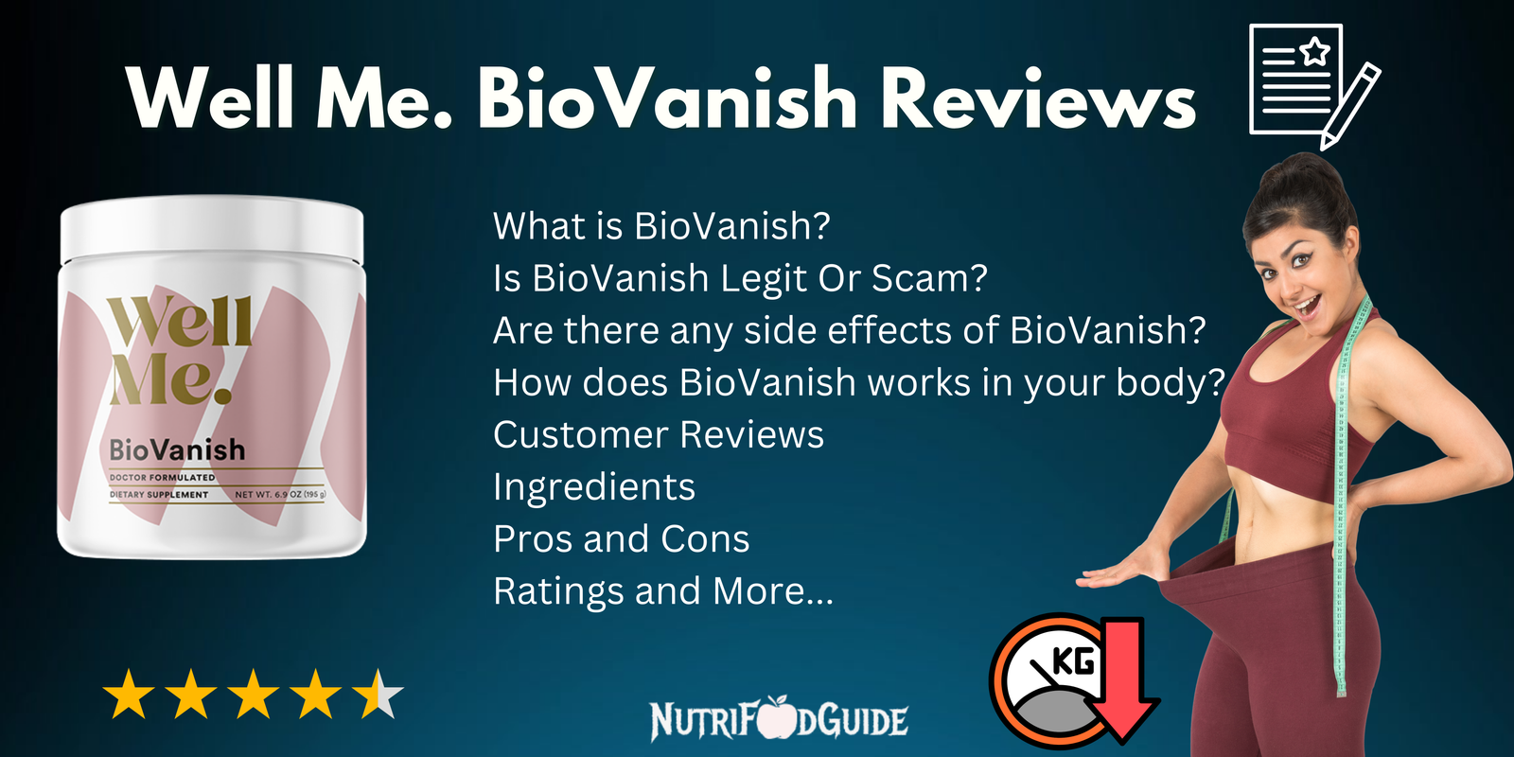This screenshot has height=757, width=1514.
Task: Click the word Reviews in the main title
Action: (1038, 98)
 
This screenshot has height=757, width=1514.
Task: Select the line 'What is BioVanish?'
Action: (661, 226)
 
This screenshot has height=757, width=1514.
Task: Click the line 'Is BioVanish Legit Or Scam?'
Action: (740, 278)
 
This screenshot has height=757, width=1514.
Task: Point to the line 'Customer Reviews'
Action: (659, 434)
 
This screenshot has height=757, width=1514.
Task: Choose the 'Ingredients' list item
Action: (594, 486)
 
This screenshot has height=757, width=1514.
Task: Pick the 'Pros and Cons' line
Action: (622, 538)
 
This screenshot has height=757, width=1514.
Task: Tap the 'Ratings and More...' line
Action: (663, 590)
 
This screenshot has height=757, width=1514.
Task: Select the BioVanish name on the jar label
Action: (177, 449)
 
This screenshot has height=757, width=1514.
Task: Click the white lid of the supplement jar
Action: (212, 227)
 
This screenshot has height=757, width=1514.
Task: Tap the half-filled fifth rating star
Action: (378, 695)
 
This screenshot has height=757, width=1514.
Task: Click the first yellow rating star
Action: (129, 695)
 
